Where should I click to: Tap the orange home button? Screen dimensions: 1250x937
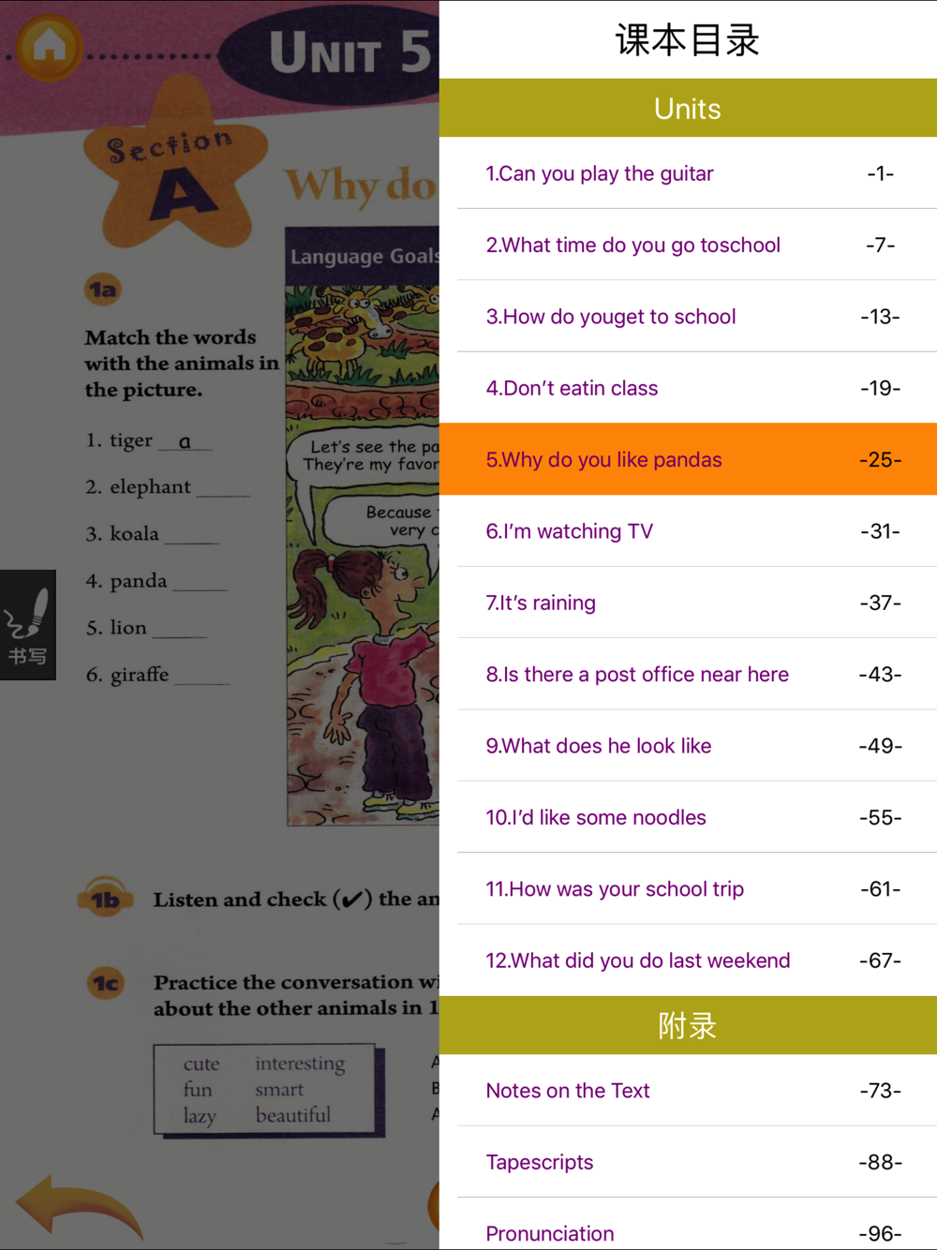(49, 46)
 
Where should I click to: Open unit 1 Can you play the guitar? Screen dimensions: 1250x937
(600, 173)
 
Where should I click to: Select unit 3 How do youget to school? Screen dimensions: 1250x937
(611, 317)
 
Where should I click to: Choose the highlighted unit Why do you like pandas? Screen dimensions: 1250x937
(603, 459)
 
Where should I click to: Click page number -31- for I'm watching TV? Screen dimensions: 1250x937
(880, 531)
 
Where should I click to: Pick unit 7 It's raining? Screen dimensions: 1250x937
(541, 603)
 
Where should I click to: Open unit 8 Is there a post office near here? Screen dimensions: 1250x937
(637, 675)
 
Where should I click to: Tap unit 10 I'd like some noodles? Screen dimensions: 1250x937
(596, 817)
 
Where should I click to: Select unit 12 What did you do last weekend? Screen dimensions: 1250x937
(638, 960)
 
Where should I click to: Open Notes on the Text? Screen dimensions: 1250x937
(568, 1091)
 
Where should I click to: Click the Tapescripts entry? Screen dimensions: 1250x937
(540, 1162)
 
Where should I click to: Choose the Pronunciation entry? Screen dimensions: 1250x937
(550, 1233)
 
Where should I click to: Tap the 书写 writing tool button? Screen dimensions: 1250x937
(27, 625)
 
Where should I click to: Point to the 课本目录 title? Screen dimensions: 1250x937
(687, 40)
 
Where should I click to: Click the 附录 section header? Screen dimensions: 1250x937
(687, 1026)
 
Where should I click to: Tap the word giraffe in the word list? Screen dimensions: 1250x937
(140, 675)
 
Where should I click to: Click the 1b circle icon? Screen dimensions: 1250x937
(105, 900)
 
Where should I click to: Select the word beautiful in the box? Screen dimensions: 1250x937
(293, 1115)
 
